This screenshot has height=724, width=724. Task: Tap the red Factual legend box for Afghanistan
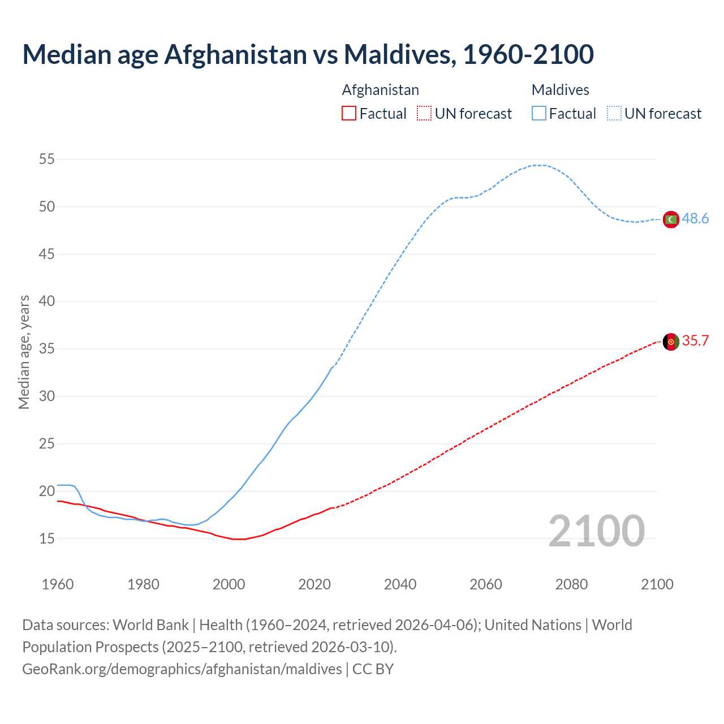(349, 114)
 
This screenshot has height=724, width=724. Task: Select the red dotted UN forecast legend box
(424, 114)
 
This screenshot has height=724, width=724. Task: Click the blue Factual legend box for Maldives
(539, 114)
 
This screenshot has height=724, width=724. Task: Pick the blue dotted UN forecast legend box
(614, 114)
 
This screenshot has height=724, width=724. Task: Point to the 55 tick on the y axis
(47, 160)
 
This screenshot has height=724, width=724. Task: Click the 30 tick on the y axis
(47, 397)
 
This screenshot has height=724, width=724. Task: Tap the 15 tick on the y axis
(47, 538)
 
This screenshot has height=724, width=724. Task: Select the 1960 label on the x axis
(58, 584)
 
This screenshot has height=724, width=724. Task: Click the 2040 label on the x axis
(400, 584)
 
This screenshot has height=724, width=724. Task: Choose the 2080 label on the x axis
(571, 584)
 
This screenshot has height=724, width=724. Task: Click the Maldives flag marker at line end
(671, 219)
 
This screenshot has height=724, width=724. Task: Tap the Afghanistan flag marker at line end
(671, 342)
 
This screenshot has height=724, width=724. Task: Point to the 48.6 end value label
(695, 219)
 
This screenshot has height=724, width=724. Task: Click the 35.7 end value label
(695, 341)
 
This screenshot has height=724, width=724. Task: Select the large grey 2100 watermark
(596, 531)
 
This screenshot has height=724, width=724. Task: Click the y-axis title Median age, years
(24, 352)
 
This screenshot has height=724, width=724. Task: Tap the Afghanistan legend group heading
(380, 90)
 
